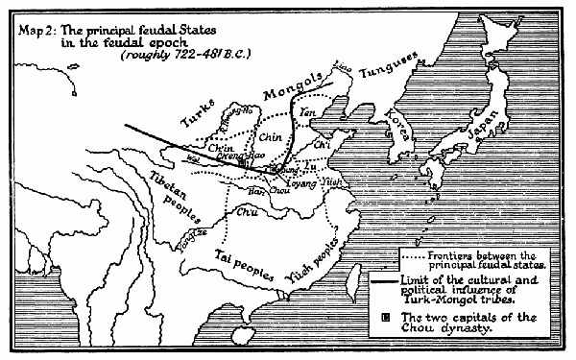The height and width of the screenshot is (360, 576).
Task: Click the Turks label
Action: [x=197, y=122]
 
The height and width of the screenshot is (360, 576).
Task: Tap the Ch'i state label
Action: [x=322, y=145]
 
